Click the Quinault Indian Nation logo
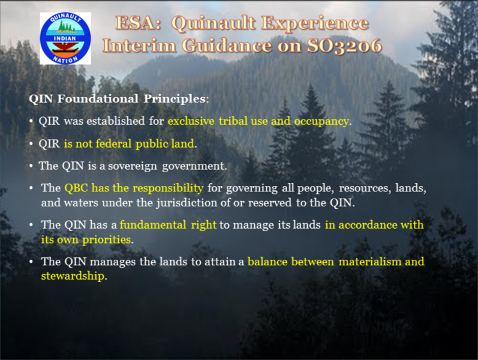coord(65,38)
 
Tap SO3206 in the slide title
coord(344,46)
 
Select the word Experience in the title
coord(315,23)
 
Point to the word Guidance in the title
coord(227,46)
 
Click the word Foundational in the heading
coord(98,98)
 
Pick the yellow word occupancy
coord(321,121)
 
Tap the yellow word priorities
coord(107,240)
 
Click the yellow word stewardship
coord(73,276)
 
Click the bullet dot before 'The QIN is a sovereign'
coord(31,166)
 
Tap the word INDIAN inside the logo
coord(65,38)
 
